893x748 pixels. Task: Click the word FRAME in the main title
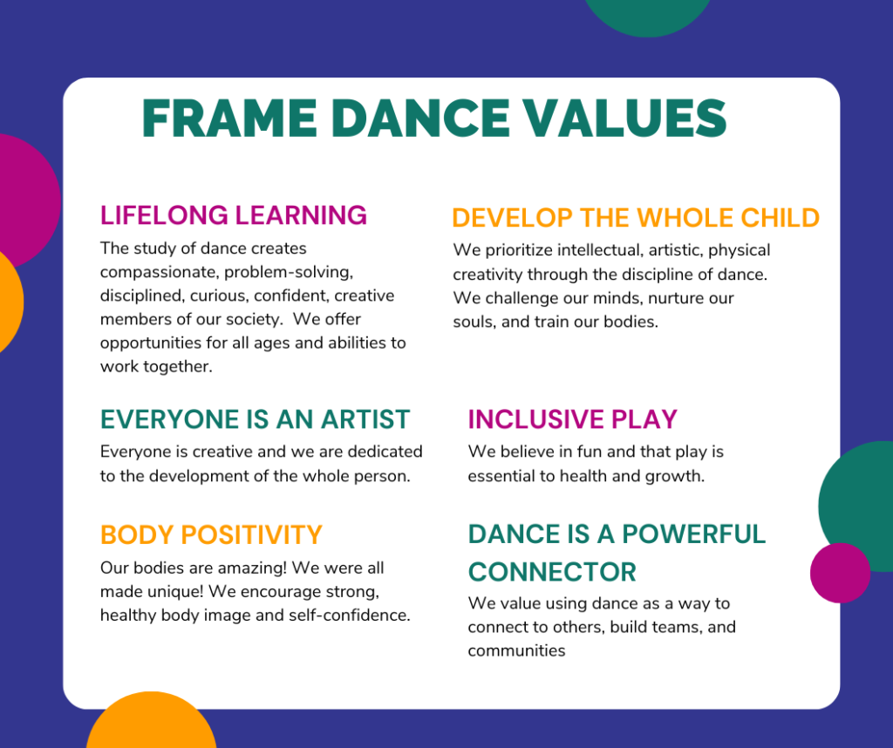click(229, 119)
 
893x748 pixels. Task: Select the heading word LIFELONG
click(164, 215)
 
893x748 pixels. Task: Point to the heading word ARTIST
click(365, 419)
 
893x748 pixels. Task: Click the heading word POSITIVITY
click(251, 534)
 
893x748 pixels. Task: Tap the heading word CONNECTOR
click(552, 572)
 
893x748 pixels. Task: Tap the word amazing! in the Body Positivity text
click(252, 568)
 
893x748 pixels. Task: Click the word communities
click(516, 650)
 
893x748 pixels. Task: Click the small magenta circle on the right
click(840, 573)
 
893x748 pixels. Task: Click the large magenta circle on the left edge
click(25, 201)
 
